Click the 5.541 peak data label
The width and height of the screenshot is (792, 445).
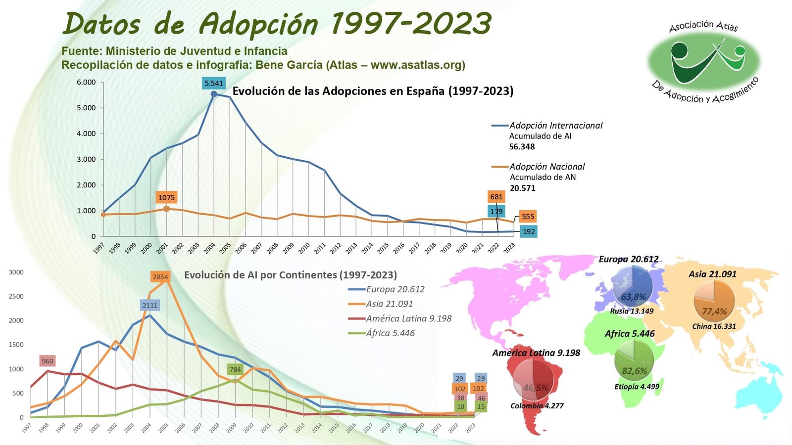214,83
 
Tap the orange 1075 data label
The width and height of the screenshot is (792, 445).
166,197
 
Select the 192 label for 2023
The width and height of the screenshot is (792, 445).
529,231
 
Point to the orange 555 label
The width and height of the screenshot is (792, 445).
528,217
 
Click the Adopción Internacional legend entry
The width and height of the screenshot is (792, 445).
556,126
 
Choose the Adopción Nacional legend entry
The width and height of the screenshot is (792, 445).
547,167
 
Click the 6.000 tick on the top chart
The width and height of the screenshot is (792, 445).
86,82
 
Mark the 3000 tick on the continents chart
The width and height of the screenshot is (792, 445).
16,272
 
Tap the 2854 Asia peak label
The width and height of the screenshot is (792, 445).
160,277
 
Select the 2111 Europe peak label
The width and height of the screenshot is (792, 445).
150,305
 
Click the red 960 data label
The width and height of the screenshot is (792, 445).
48,361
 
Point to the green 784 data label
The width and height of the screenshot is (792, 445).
235,369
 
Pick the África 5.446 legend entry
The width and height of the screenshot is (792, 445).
390,333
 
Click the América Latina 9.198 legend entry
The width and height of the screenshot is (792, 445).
408,318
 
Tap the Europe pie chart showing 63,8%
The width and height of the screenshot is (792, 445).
632,286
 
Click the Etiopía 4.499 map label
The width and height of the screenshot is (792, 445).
637,387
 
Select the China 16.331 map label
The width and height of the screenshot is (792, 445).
714,326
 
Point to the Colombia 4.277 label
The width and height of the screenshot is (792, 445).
537,406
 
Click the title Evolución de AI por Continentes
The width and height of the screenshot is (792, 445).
291,275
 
